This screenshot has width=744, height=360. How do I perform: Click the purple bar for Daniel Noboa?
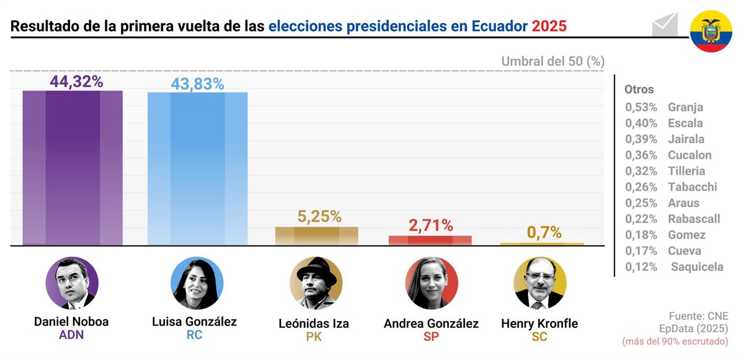coord(73,167)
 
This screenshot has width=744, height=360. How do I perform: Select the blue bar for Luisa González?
coord(197,169)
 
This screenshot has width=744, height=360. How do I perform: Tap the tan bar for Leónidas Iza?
coord(317,235)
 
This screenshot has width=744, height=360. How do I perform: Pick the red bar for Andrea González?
coord(430,240)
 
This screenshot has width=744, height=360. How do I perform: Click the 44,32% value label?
coord(76,82)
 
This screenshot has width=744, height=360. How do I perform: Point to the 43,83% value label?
coord(198,84)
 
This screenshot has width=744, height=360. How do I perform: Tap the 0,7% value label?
coord(544,232)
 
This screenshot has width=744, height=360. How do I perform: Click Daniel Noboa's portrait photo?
coord(72,283)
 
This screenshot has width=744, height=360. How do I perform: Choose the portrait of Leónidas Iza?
coord(316,283)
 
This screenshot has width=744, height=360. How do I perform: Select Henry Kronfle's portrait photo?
coord(540,283)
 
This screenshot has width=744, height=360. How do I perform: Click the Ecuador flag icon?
coord(711,31)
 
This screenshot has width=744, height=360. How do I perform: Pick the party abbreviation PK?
coord(314,337)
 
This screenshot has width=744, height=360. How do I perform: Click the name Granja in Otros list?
coord(685,107)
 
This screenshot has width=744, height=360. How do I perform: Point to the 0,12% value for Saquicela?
coord(640,267)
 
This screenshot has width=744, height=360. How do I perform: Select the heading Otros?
coord(639,89)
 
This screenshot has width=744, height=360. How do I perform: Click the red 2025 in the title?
coord(549,26)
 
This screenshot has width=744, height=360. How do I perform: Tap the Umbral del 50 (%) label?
coord(552,61)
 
